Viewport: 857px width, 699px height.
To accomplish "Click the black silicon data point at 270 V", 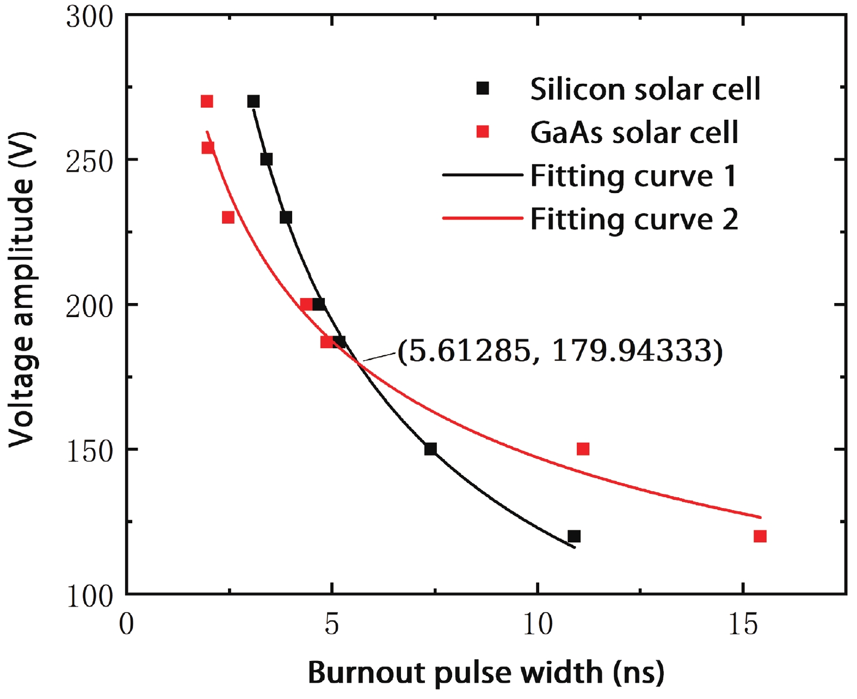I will click(254, 102).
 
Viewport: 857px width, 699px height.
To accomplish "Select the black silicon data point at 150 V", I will click(430, 449).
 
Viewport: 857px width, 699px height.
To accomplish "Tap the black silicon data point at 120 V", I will click(574, 536).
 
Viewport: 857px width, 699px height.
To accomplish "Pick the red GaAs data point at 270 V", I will click(207, 102).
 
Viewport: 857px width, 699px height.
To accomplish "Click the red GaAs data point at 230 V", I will click(229, 218).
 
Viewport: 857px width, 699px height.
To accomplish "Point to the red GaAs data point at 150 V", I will click(583, 449).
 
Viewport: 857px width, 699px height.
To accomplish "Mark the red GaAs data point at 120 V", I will click(760, 536).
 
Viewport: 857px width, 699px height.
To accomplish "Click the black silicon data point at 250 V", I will click(267, 159).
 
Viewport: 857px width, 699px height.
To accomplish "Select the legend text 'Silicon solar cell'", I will click(645, 89).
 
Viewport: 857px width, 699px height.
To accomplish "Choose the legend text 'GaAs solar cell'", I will click(634, 132).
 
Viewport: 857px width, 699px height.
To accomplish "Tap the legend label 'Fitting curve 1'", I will click(633, 176).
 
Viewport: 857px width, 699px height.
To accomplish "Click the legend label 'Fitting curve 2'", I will click(634, 219).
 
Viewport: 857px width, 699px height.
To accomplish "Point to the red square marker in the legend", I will click(483, 132).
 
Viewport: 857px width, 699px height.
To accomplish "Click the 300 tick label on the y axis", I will click(89, 17).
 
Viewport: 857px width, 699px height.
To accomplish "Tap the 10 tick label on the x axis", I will click(538, 624).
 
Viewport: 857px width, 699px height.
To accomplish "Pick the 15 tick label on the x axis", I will click(743, 624).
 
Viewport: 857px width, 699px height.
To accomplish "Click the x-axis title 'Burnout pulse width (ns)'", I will click(486, 672).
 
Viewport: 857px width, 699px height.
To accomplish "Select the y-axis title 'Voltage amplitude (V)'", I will click(22, 289).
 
